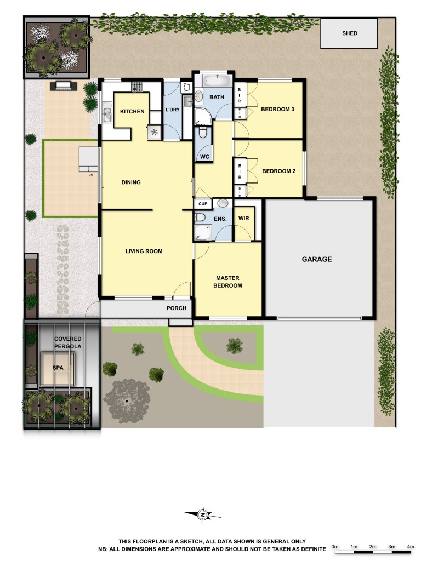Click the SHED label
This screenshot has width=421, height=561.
click(349, 33)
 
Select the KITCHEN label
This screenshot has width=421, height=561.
click(132, 112)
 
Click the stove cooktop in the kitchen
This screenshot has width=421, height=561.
click(136, 87)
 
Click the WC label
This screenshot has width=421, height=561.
click(205, 157)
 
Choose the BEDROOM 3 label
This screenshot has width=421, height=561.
click(277, 110)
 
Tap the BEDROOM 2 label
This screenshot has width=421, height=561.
click(278, 171)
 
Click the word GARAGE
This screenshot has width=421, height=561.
click(317, 259)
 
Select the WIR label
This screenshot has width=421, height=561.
click(243, 219)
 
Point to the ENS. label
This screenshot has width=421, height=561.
click(220, 219)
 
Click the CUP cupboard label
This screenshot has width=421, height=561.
click(203, 204)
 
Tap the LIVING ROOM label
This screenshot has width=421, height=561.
click(144, 251)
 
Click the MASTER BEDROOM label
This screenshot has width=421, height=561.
click(229, 282)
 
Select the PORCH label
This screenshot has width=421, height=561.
click(177, 308)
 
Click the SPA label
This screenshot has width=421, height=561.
click(58, 368)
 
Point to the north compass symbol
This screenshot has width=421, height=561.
click(203, 514)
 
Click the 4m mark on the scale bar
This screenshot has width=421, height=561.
click(411, 547)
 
